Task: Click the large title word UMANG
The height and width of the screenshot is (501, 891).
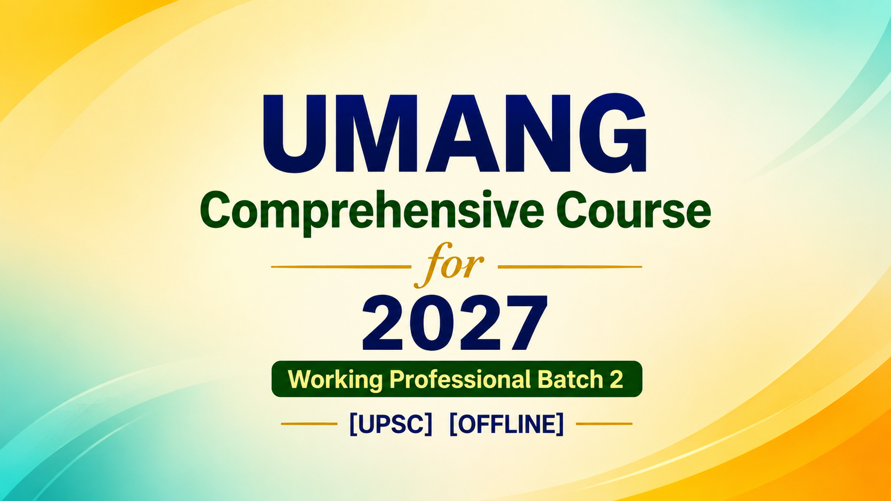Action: click(x=454, y=133)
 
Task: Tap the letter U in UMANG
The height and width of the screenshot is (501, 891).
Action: click(x=295, y=134)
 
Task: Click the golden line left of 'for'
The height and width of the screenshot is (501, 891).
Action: click(x=341, y=267)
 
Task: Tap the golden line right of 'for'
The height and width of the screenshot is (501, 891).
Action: click(x=570, y=267)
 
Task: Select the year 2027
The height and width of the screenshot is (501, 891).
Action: click(x=455, y=323)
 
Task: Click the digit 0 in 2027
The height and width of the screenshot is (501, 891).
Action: click(x=432, y=323)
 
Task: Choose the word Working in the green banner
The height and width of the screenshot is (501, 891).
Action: click(x=335, y=380)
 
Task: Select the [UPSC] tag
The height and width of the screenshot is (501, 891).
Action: click(x=391, y=424)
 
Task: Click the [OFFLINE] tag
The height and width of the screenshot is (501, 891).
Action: click(x=506, y=424)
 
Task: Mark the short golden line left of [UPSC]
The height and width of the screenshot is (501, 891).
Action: click(x=309, y=424)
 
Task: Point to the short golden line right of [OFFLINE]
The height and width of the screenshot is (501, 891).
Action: click(x=604, y=424)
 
